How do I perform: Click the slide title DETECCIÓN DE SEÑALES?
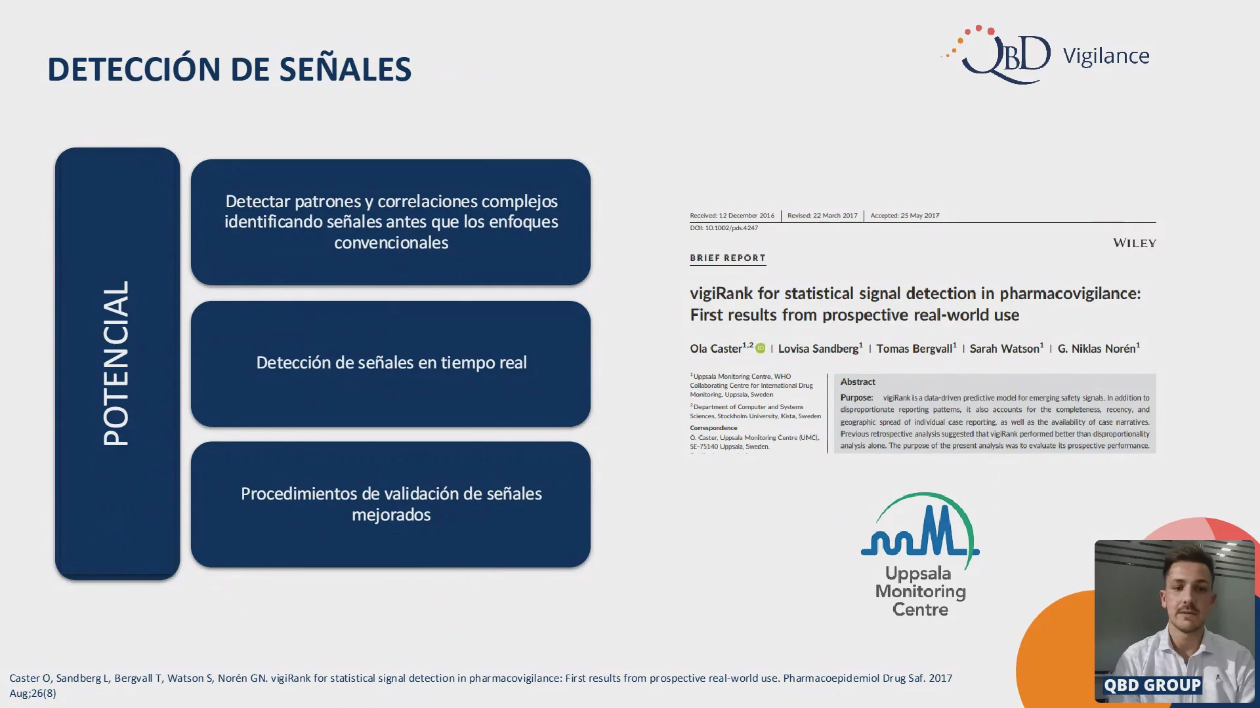click(x=229, y=69)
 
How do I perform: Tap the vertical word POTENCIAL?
click(x=117, y=363)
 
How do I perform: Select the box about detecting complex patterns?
click(x=390, y=222)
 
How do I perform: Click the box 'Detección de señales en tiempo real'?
click(x=390, y=364)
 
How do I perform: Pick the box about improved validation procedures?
click(x=390, y=504)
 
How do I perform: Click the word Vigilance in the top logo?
click(x=1106, y=56)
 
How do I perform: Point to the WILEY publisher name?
click(x=1134, y=243)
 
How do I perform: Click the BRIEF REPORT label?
click(x=728, y=258)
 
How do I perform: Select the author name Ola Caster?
click(x=715, y=349)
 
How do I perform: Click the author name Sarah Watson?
click(x=1005, y=349)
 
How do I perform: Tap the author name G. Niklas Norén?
click(x=1097, y=349)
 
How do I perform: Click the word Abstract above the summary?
click(x=858, y=382)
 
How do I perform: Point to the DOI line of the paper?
click(x=724, y=228)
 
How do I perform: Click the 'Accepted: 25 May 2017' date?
click(x=905, y=215)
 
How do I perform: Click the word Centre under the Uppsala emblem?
click(x=920, y=610)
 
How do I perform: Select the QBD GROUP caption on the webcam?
click(x=1152, y=685)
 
